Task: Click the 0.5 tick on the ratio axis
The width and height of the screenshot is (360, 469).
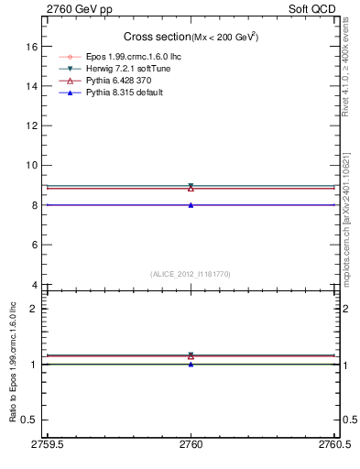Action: (x=32, y=420)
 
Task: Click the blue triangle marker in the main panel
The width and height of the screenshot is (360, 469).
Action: (x=191, y=205)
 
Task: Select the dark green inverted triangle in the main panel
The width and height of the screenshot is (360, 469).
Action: (x=191, y=186)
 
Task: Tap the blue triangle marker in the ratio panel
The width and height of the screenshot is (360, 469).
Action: (x=191, y=364)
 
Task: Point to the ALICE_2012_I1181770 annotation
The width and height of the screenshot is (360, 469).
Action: (x=191, y=273)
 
